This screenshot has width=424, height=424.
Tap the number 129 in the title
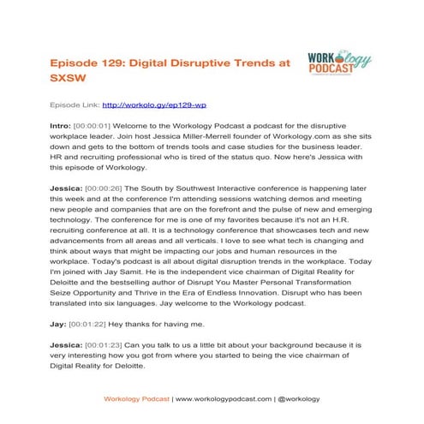123,63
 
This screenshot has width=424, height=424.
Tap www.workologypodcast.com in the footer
224,398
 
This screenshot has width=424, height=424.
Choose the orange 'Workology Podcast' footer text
136,398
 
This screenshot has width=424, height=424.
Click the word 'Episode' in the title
75,63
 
